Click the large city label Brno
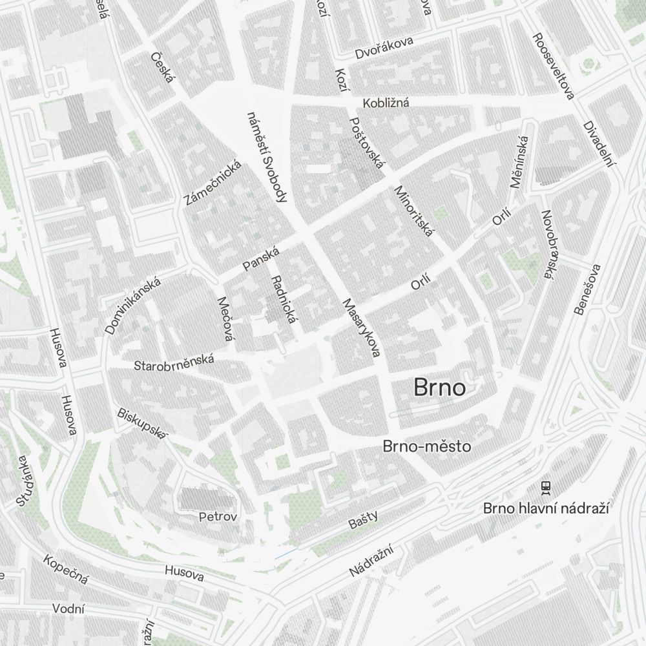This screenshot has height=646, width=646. pyautogui.click(x=439, y=388)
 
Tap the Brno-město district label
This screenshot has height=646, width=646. pyautogui.click(x=426, y=446)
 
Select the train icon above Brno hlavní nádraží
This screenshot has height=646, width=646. pyautogui.click(x=547, y=486)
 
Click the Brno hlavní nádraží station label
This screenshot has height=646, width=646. pyautogui.click(x=547, y=508)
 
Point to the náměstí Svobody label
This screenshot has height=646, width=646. pyautogui.click(x=266, y=157)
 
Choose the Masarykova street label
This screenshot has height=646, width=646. pyautogui.click(x=362, y=327)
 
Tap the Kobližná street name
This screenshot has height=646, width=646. pyautogui.click(x=386, y=103)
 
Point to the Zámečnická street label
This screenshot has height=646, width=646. pyautogui.click(x=213, y=183)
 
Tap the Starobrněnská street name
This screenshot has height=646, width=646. pyautogui.click(x=174, y=364)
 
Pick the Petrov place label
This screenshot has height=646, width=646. pyautogui.click(x=218, y=517)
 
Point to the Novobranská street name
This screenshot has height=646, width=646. pyautogui.click(x=548, y=245)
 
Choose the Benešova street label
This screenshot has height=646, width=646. pyautogui.click(x=587, y=289)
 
